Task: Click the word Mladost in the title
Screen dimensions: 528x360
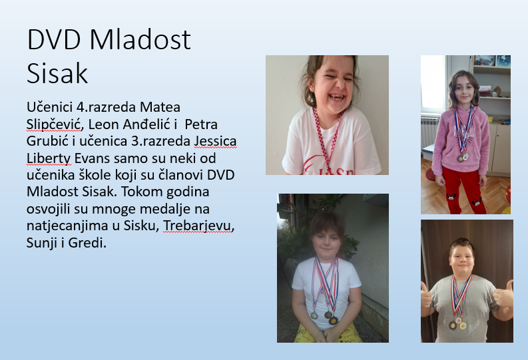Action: point(140,40)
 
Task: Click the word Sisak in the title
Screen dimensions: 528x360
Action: point(57,73)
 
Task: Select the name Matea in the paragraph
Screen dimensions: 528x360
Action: point(160,107)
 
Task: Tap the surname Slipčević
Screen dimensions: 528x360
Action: point(54,124)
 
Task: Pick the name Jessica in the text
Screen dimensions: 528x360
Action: point(216,141)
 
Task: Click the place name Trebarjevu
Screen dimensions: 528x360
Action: point(198,226)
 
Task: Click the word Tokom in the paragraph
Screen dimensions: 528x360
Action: point(142,192)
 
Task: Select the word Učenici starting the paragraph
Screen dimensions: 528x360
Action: point(49,107)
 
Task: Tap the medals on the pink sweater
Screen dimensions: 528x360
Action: point(463,157)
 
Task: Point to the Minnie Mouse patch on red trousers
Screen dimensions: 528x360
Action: point(451,196)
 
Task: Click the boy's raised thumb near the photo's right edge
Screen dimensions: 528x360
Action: point(505,293)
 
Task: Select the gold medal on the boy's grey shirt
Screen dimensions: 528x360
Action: point(463,325)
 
